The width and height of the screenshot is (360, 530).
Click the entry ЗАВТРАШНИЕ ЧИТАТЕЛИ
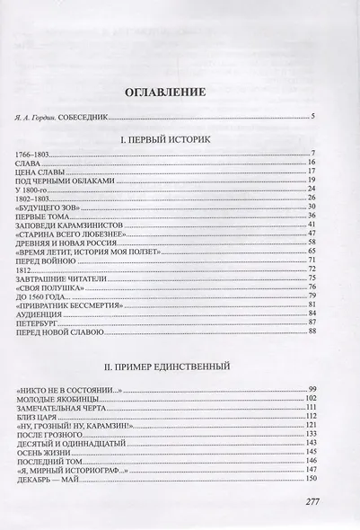tap(60, 279)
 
